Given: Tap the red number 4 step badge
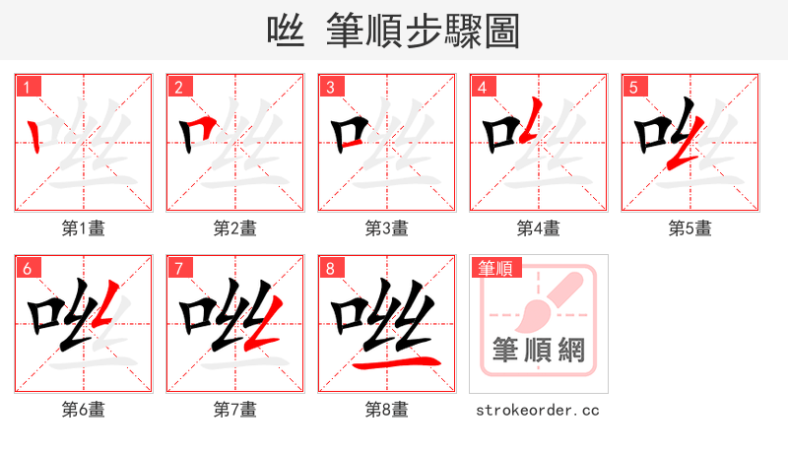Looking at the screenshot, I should [482, 87].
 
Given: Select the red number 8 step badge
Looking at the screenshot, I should [330, 268].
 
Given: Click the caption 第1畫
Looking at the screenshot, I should [83, 228].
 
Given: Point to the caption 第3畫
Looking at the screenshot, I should [386, 228].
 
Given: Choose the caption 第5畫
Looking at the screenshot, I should [689, 228].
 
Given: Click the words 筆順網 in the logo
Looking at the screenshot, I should [538, 349].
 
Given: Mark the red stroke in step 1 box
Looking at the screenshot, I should [35, 135].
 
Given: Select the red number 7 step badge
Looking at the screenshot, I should [178, 268].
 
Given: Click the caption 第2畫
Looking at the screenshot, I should [234, 228].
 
